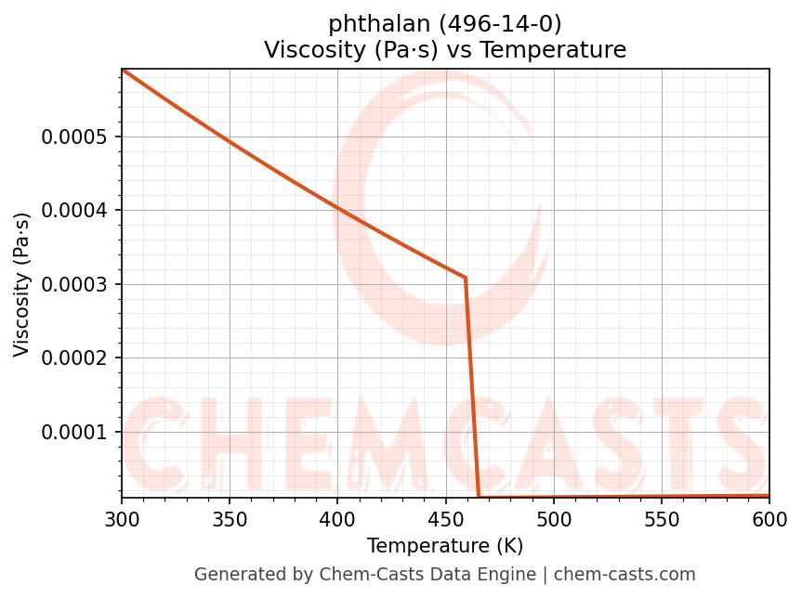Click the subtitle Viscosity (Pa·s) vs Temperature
[x=445, y=50]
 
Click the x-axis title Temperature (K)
[x=445, y=546]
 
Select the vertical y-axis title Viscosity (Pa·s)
[x=22, y=284]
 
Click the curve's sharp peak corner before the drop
[x=465, y=278]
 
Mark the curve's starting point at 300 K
[x=123, y=70]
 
